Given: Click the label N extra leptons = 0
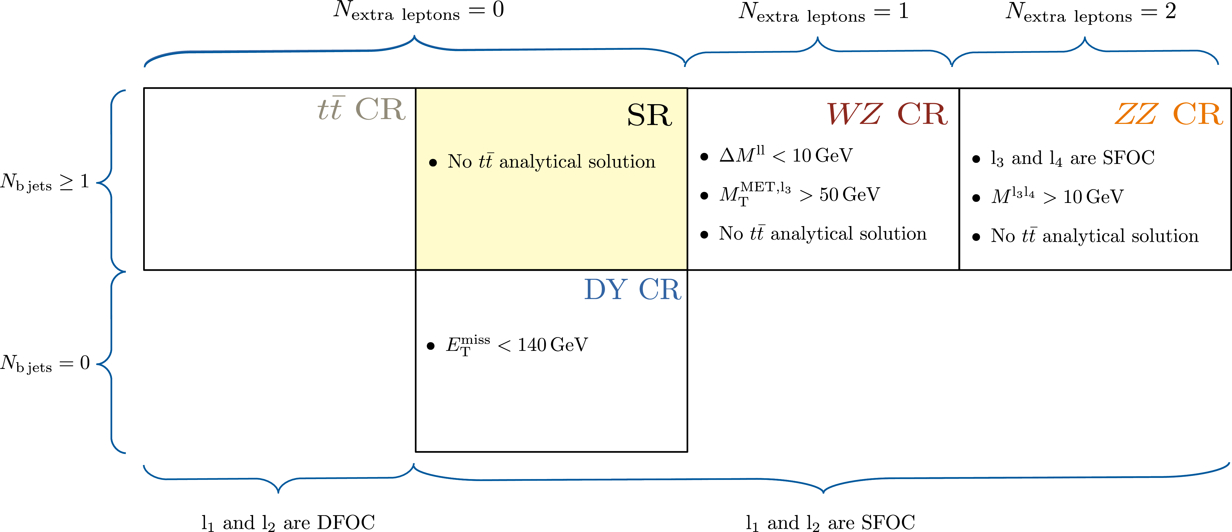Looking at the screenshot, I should pos(417,11).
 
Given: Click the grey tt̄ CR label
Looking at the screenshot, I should pos(362,109).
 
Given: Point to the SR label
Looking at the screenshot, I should pos(649,115).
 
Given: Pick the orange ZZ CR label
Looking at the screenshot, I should pos(1168,114).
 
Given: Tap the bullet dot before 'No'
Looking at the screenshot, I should pos(433,163).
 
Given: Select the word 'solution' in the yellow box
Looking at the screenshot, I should pos(622,162).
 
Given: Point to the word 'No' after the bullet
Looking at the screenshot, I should pos(460,162).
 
